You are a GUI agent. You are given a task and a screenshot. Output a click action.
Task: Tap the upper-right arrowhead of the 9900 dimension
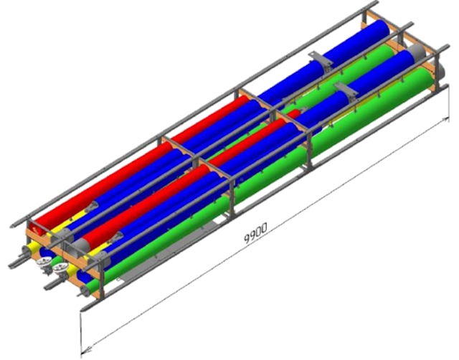(x=446, y=120)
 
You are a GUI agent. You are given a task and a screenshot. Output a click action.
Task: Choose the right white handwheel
(x=61, y=267)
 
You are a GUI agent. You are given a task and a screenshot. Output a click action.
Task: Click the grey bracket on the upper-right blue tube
(x=321, y=60)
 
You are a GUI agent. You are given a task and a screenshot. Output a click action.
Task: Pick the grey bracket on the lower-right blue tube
(x=347, y=91)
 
